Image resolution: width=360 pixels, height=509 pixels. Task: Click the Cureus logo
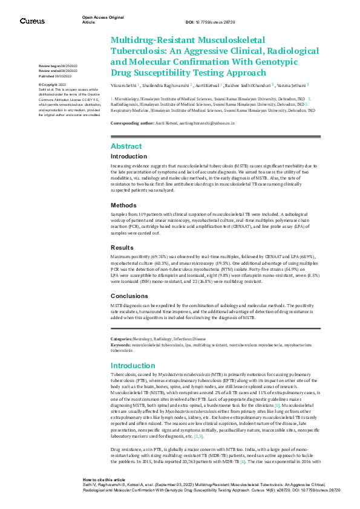(32, 21)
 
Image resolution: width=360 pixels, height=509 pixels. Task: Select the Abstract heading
(126, 146)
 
